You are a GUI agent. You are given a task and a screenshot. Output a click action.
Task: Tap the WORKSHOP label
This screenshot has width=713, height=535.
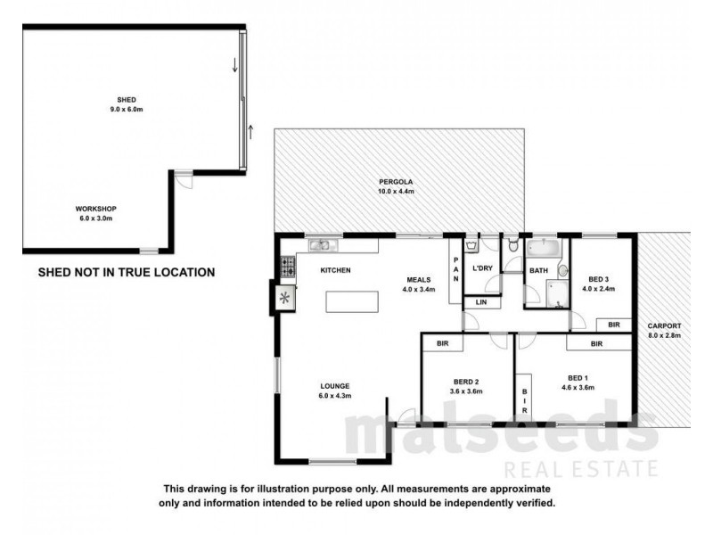[96, 209]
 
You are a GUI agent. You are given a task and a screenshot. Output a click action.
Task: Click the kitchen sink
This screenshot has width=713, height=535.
[321, 243]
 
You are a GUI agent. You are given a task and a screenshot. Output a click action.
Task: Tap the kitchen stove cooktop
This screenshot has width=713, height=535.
[287, 264]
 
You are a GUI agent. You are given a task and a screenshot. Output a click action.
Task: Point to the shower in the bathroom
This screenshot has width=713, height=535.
[557, 292]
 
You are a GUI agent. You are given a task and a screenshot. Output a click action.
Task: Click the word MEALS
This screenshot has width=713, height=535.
[419, 278]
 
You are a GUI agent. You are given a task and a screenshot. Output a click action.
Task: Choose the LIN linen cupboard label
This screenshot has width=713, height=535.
[482, 303]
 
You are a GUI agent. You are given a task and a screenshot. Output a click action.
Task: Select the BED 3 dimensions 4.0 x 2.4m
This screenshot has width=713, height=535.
[600, 289]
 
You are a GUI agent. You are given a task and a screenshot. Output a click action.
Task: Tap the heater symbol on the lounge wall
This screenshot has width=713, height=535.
[285, 297]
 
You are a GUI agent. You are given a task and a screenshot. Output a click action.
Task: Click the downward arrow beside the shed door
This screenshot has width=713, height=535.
[235, 64]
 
